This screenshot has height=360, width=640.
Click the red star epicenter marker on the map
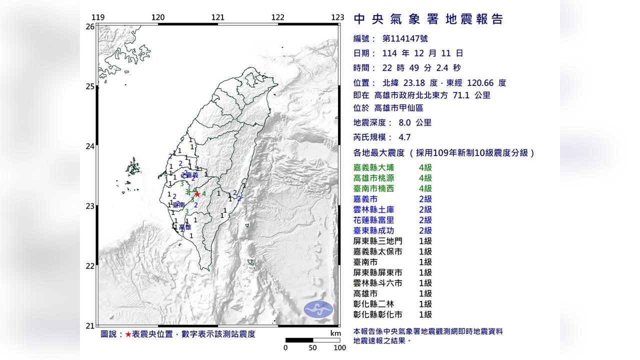tap(197, 194)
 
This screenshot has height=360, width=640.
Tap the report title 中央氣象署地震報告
tap(428, 19)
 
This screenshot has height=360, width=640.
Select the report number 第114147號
tap(405, 38)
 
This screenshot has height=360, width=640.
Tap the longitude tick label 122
tap(278, 17)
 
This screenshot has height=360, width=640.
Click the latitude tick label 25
tap(90, 86)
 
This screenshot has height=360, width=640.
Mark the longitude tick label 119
tap(98, 17)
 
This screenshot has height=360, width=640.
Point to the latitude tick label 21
tap(90, 326)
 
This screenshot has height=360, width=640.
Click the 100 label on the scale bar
tap(339, 348)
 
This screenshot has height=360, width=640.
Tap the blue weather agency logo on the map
tap(318, 309)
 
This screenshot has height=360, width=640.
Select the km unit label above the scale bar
tap(335, 333)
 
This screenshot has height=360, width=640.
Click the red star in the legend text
tap(128, 334)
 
